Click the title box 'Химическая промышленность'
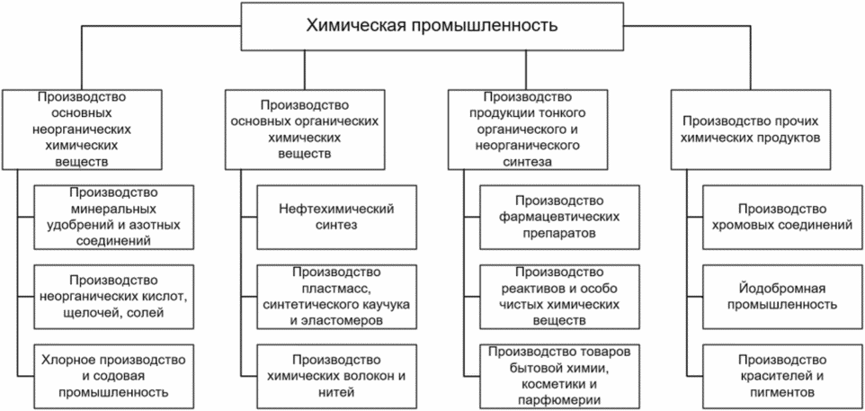click(x=432, y=25)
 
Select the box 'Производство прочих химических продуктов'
click(x=750, y=130)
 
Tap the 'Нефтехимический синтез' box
click(x=335, y=217)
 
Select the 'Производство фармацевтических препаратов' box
click(x=558, y=217)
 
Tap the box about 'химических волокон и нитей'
click(x=335, y=376)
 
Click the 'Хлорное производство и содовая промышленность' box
click(x=112, y=376)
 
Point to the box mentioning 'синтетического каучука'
click(x=335, y=296)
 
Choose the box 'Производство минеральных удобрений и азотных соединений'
click(x=112, y=217)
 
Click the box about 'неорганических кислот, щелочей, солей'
click(x=112, y=296)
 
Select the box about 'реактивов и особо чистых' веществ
click(x=558, y=296)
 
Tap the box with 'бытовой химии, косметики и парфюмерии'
click(x=558, y=376)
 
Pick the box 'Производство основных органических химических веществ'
click(x=305, y=130)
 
